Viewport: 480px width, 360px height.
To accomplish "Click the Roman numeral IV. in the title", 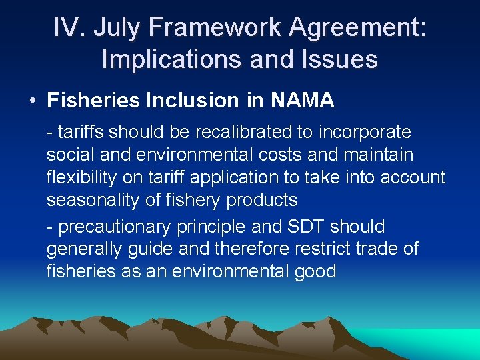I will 70,29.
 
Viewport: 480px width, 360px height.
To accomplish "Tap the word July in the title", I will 119,29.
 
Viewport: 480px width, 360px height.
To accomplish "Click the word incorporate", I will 364,132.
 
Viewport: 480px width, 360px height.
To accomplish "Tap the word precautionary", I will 115,227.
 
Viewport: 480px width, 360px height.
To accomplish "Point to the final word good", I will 313,272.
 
